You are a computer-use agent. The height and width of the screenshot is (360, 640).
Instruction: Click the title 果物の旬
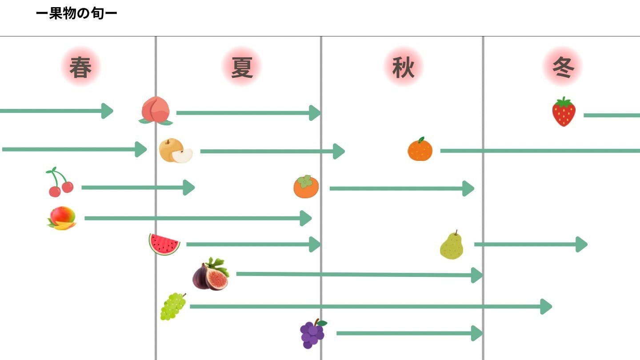pyautogui.click(x=76, y=14)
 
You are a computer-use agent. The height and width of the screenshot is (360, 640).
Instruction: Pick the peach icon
pyautogui.click(x=155, y=110)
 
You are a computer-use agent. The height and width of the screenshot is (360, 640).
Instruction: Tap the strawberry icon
pyautogui.click(x=564, y=112)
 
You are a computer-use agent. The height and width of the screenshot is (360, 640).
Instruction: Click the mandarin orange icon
pyautogui.click(x=420, y=149)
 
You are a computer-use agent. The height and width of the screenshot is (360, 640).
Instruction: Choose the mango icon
pyautogui.click(x=62, y=218)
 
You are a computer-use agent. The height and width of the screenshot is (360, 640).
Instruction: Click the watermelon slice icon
pyautogui.click(x=164, y=244)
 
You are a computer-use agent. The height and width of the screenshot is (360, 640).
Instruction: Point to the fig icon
pyautogui.click(x=211, y=274)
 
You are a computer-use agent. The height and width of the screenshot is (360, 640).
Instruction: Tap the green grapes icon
pyautogui.click(x=173, y=306)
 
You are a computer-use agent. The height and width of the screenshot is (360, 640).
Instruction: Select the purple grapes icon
pyautogui.click(x=312, y=334)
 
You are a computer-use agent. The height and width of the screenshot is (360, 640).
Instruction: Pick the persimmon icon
pyautogui.click(x=306, y=187)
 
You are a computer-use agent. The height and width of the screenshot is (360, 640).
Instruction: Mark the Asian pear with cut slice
pyautogui.click(x=176, y=151)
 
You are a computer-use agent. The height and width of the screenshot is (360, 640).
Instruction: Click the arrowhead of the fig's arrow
pyautogui.click(x=477, y=275)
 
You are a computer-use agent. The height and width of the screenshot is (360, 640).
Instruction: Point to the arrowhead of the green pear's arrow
pyautogui.click(x=581, y=244)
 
